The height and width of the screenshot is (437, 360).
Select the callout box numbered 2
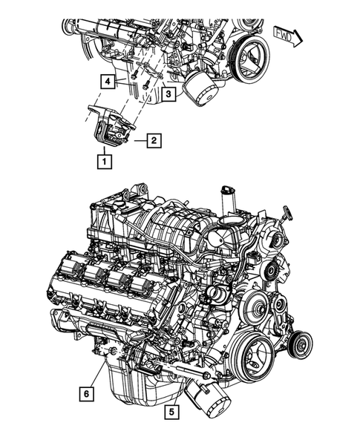coord(152,139)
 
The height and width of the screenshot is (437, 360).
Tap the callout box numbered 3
coord(168,94)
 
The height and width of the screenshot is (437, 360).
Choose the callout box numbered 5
coord(172,410)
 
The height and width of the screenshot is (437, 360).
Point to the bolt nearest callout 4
coord(133,75)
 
